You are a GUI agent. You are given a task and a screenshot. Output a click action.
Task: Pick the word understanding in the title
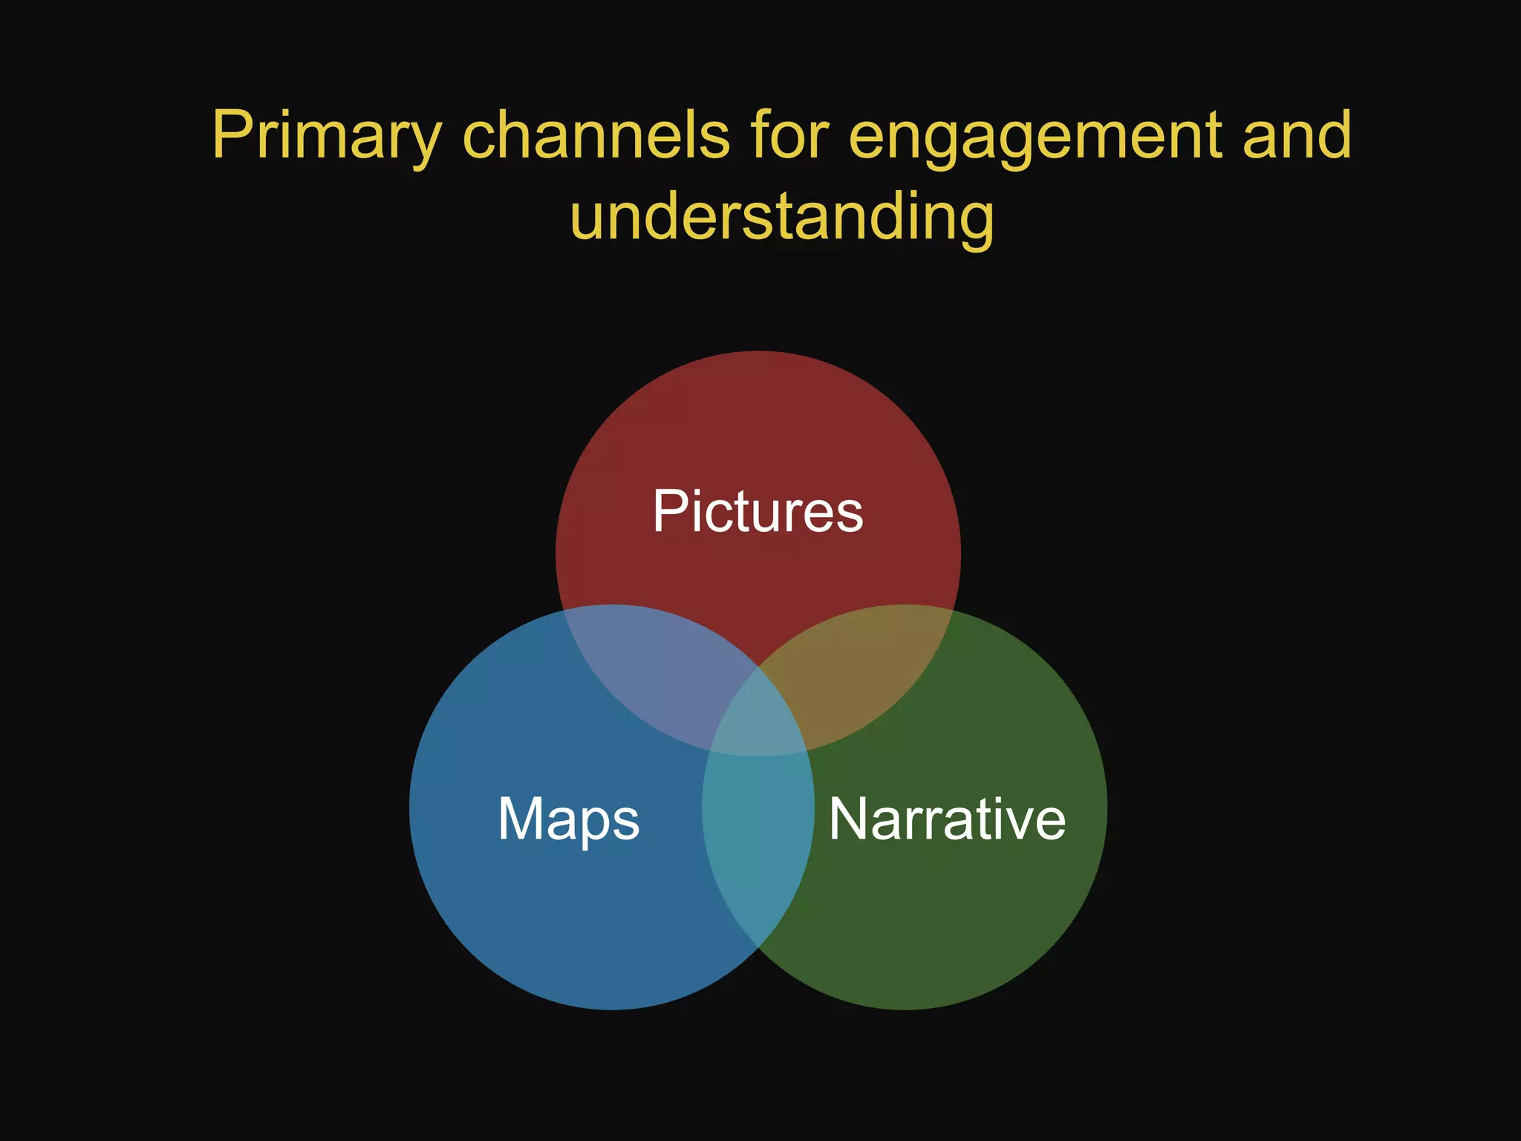(x=781, y=218)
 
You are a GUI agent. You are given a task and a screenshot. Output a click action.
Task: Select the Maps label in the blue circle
(x=568, y=819)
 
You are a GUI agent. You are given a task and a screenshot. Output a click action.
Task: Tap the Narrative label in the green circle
(x=947, y=819)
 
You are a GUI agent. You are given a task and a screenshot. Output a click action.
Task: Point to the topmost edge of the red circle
(x=758, y=352)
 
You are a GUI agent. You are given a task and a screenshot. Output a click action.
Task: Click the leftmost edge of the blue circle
(x=411, y=807)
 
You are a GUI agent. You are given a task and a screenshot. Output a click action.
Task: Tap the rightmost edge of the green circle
(x=1106, y=807)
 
